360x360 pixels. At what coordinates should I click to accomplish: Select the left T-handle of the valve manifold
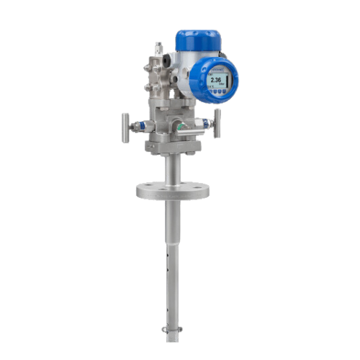coord(125,124)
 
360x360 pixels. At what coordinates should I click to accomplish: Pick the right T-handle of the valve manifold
coord(217,123)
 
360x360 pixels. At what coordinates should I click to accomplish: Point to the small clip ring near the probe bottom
coord(170,330)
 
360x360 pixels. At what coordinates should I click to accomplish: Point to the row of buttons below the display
coord(217,91)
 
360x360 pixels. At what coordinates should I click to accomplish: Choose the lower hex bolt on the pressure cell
coord(148,88)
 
